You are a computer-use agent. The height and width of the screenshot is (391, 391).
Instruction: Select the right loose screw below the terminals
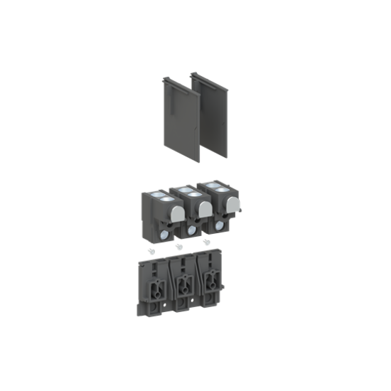pyautogui.click(x=207, y=242)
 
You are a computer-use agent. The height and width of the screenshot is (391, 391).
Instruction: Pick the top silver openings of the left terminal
pyautogui.click(x=162, y=198)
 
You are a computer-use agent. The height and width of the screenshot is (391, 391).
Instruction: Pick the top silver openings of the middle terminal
pyautogui.click(x=188, y=192)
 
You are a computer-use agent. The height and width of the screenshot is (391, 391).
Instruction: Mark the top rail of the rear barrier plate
pyautogui.click(x=212, y=74)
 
